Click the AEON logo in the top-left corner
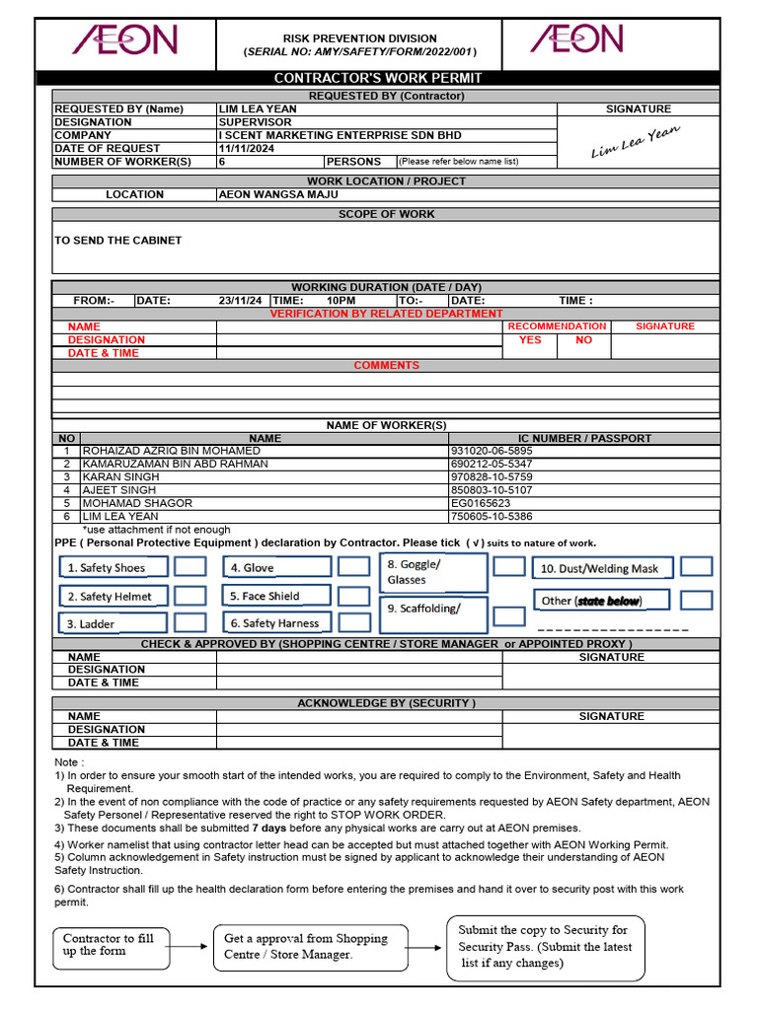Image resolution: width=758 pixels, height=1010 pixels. tap(124, 40)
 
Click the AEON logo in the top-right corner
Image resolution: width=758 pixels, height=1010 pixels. tap(576, 39)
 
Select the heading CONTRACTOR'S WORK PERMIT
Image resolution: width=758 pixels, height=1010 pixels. tap(378, 78)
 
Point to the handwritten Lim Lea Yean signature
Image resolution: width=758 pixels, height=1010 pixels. tap(636, 141)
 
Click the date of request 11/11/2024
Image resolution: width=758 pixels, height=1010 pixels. tap(247, 148)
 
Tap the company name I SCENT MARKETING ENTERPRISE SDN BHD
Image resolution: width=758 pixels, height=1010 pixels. tap(340, 135)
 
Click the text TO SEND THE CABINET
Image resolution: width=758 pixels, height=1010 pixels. tap(118, 240)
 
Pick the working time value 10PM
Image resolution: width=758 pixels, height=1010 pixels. tap(341, 300)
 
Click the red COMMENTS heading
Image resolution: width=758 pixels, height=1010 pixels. tap(386, 365)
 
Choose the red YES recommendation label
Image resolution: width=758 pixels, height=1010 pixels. tap(530, 339)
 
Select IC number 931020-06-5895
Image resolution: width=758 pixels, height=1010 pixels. tap(491, 451)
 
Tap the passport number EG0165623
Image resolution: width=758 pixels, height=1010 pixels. tap(481, 503)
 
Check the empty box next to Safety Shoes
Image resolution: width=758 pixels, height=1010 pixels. tap(190, 566)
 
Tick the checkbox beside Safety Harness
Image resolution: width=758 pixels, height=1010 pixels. tap(353, 622)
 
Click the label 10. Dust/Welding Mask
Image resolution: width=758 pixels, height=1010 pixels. tap(598, 569)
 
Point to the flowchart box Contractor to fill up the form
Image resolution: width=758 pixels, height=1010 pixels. tap(110, 945)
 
